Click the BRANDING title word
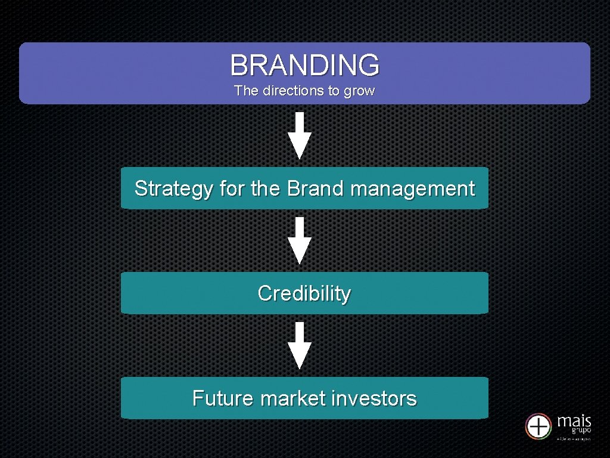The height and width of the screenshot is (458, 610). point(304,65)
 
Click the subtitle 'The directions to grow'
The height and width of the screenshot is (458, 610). point(304,91)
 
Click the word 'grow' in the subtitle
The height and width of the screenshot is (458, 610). point(360,92)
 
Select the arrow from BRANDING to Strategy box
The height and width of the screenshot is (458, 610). point(300,135)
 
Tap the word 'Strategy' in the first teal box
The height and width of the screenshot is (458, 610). point(173,189)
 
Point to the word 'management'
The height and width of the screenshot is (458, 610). point(413,189)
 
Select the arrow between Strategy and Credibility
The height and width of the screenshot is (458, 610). point(300,240)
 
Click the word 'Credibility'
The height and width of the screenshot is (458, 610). point(304,293)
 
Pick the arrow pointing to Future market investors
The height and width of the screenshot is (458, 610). point(300,345)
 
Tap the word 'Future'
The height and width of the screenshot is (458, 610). point(223,398)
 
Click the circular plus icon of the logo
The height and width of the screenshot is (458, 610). point(539,426)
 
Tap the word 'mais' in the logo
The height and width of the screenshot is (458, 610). point(574,421)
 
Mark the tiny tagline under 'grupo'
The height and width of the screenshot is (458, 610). point(573,439)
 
